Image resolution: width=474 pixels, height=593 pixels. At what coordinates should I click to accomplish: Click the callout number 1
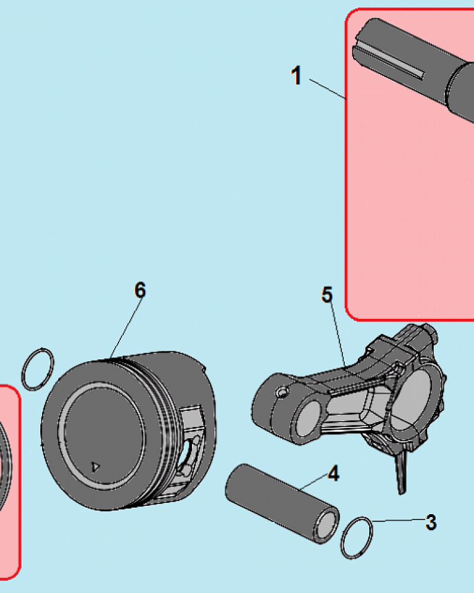coord(297,75)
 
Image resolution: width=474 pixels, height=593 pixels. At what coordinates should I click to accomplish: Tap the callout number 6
coord(140,290)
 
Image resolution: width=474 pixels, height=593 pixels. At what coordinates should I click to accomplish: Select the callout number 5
coord(327,294)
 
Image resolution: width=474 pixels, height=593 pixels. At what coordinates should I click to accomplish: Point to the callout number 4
coord(333,473)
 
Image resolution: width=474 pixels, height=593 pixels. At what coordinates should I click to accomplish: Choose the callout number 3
coord(431,522)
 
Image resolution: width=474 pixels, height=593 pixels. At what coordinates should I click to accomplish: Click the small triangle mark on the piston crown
coord(95,467)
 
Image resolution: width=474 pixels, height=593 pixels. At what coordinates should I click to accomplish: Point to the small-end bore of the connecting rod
coord(309,418)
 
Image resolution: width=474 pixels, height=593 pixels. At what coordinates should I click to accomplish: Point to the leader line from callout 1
coord(328,89)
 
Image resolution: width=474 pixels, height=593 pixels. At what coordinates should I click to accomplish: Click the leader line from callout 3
coord(398,520)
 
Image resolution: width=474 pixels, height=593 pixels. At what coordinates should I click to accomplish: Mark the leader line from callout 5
coord(339,336)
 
